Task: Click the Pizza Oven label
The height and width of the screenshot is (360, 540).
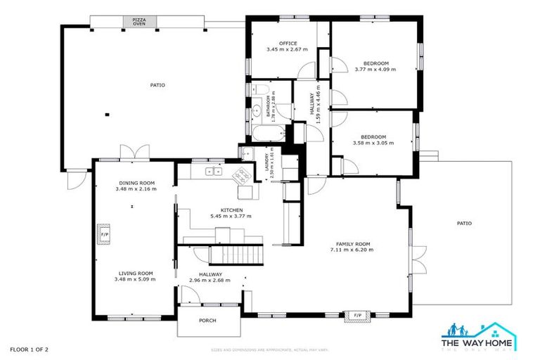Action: [139, 22]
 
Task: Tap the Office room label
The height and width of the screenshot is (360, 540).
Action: [288, 44]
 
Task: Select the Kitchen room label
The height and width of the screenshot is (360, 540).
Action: [231, 210]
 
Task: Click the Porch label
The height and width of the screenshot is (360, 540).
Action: [207, 321]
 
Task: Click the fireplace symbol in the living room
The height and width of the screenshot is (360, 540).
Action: [105, 234]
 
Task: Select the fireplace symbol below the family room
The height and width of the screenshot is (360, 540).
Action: [356, 314]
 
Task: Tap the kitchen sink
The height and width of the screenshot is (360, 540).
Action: [213, 171]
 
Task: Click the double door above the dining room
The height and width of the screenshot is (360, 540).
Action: [134, 153]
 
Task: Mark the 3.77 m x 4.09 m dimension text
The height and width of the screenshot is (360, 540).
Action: [375, 70]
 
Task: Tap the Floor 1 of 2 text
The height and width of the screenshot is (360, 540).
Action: [29, 349]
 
